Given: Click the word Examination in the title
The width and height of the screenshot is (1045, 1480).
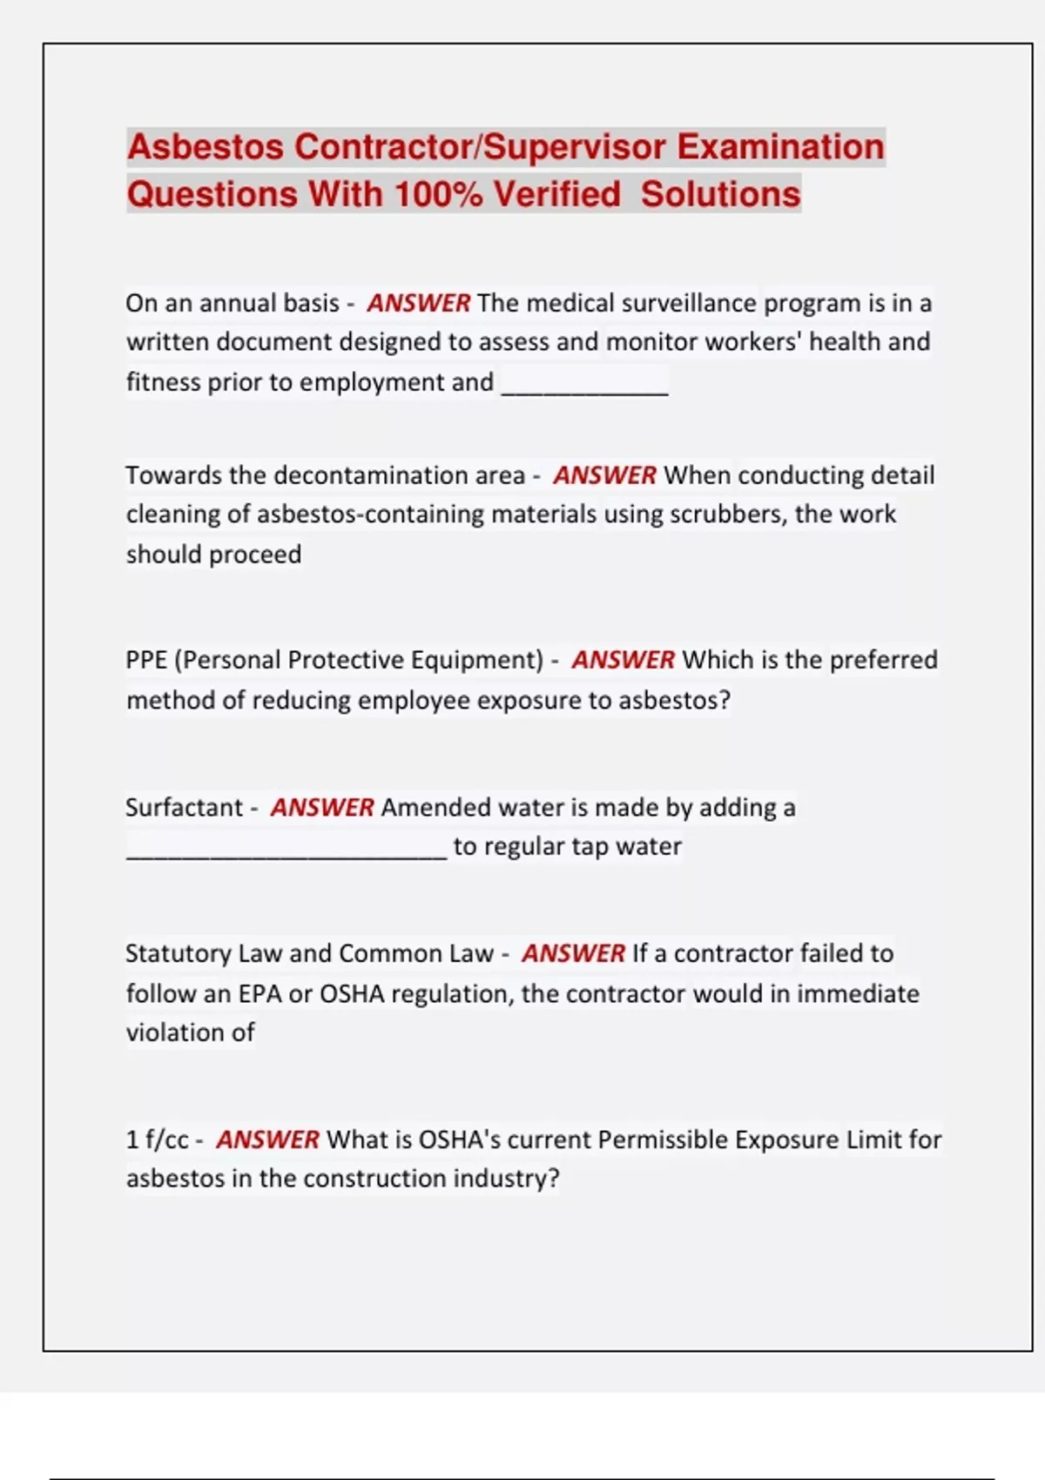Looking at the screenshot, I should tap(780, 147).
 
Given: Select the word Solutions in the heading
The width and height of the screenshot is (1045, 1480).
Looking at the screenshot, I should tap(720, 194).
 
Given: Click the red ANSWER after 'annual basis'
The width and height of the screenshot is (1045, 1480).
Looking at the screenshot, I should tap(418, 303).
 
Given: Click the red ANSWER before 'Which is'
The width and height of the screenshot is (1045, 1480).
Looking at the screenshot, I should tap(623, 660).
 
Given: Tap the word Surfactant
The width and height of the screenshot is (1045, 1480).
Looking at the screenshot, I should tap(184, 808).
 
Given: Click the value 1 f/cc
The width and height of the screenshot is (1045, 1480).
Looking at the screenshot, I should tap(157, 1140).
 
